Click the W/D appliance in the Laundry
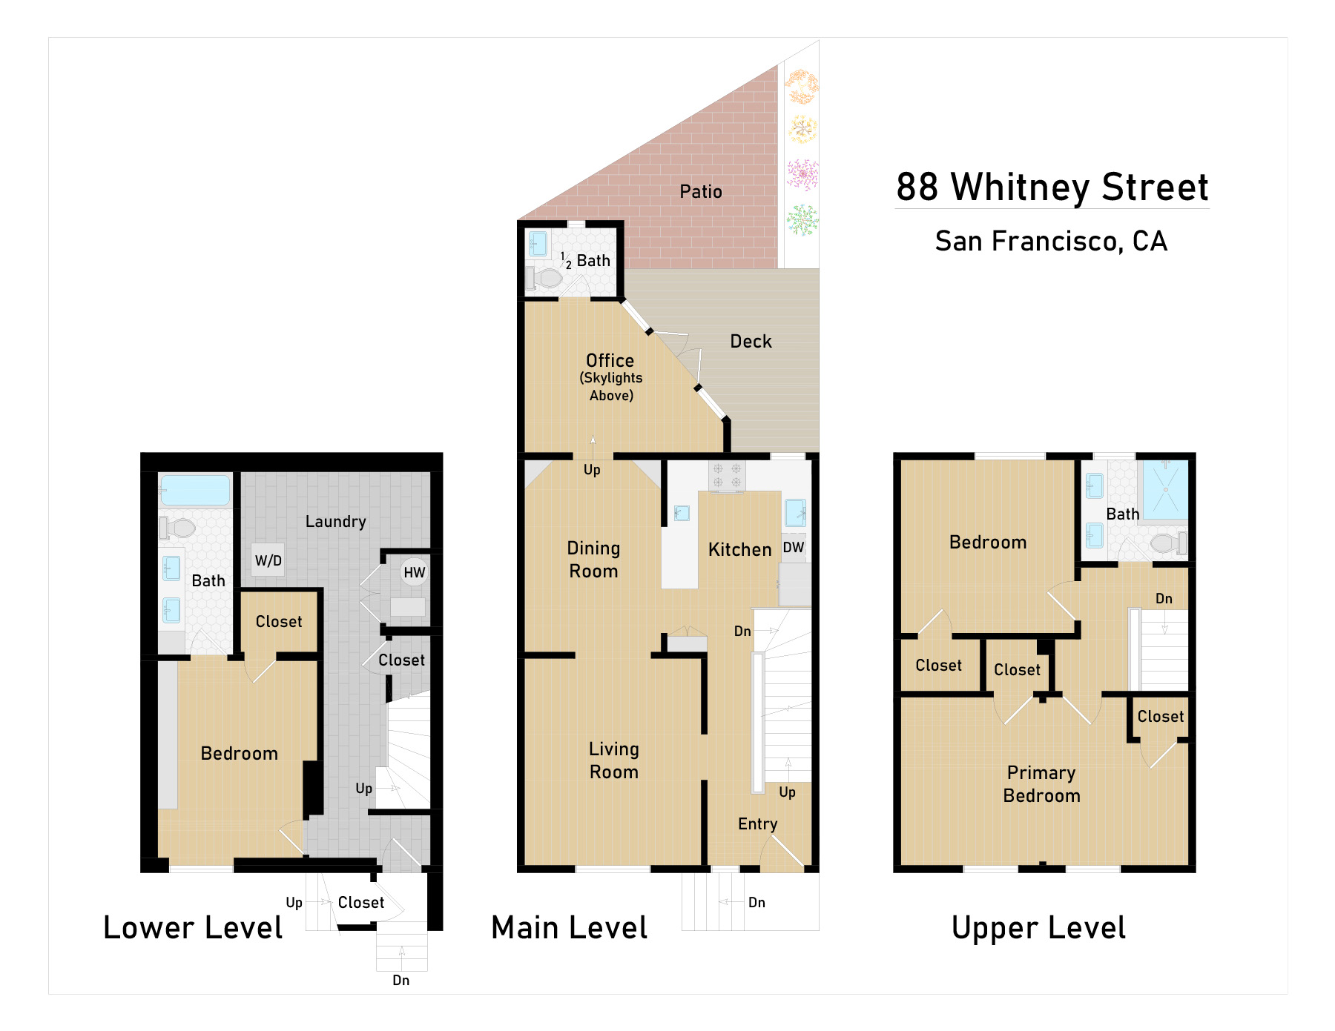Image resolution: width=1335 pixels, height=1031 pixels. tap(268, 560)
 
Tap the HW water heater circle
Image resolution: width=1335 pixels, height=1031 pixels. tap(414, 571)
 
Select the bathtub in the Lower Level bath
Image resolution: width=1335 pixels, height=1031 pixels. tap(195, 490)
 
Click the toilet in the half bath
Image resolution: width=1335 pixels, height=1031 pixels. tap(544, 278)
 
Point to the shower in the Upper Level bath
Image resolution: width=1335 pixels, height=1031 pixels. tap(1165, 489)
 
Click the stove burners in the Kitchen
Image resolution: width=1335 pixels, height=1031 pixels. tap(727, 476)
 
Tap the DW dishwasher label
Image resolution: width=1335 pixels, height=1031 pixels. tap(794, 547)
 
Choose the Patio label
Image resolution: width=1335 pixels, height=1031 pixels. tap(701, 191)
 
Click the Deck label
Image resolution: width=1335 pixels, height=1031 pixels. tap(751, 341)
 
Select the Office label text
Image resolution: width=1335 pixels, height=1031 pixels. tap(610, 360)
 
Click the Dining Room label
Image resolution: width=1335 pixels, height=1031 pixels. tap(593, 559)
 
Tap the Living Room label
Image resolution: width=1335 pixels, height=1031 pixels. tap(614, 760)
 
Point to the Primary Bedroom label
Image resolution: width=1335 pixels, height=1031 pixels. tap(1041, 783)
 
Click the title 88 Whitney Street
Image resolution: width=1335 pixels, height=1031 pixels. tap(1052, 187)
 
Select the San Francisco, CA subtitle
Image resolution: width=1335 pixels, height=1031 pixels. tap(1051, 241)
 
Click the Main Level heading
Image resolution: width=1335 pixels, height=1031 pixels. tap(569, 927)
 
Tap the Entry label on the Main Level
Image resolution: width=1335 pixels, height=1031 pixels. tap(757, 823)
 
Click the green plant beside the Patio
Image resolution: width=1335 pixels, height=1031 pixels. tap(802, 219)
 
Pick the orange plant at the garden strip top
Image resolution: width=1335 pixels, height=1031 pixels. tap(802, 87)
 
